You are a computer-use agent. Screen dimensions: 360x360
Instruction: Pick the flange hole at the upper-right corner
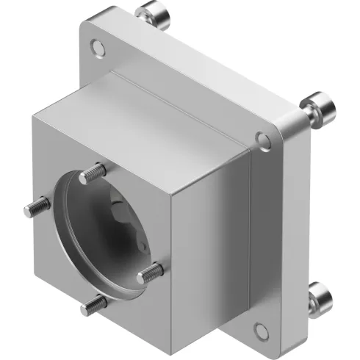coord(261,137)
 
